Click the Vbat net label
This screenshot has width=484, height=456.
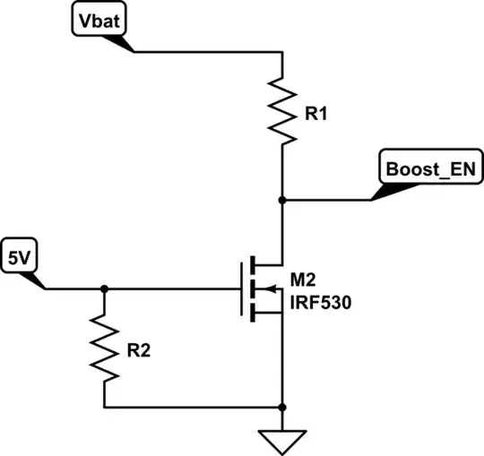click(x=99, y=19)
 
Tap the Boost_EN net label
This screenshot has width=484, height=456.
click(x=431, y=167)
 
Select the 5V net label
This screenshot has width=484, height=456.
click(x=19, y=255)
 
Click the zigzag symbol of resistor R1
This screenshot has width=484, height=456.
click(x=282, y=111)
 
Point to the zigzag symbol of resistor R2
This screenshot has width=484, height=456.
click(x=104, y=348)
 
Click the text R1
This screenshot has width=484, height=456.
click(x=315, y=114)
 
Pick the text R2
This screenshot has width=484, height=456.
click(x=139, y=350)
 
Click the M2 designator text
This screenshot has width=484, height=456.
click(x=303, y=280)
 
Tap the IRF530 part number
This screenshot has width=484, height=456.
click(x=321, y=303)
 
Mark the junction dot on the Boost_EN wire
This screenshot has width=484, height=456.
click(x=282, y=201)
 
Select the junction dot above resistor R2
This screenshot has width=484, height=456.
click(x=104, y=289)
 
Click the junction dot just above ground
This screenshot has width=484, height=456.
click(x=282, y=408)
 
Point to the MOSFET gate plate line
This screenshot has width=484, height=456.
click(x=241, y=289)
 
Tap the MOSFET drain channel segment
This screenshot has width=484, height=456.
click(x=253, y=265)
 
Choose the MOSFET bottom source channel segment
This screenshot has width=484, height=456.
click(x=253, y=313)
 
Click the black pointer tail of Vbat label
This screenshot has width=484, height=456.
click(x=119, y=44)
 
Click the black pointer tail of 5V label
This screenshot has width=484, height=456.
click(x=33, y=280)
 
